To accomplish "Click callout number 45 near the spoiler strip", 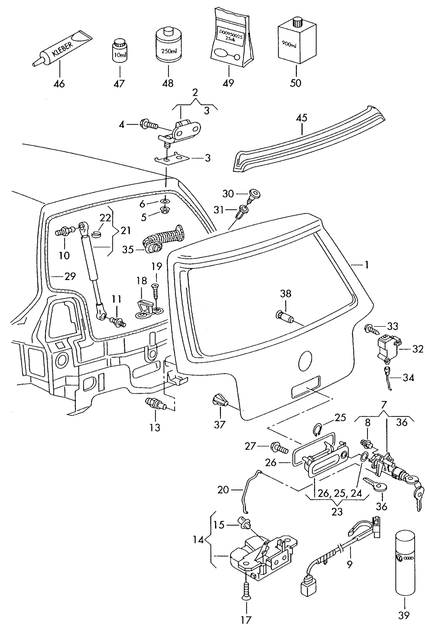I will (302, 118).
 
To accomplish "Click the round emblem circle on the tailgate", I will (305, 361).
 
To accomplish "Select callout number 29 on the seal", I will (70, 276).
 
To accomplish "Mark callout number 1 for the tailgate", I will (366, 265).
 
